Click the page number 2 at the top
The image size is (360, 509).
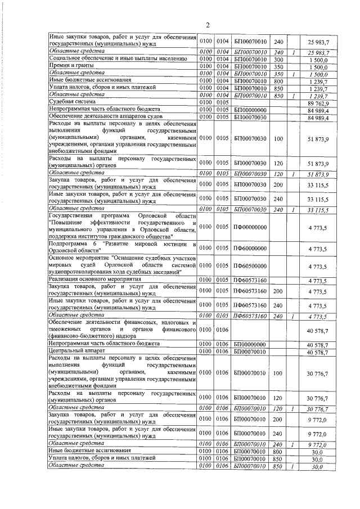[x=207, y=25]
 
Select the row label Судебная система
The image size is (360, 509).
[x=68, y=102]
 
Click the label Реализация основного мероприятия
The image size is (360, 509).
[x=93, y=280]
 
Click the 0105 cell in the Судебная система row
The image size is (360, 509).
[x=223, y=102]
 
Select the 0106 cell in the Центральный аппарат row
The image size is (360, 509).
[x=223, y=352]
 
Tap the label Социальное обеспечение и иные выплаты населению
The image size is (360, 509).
[x=110, y=58]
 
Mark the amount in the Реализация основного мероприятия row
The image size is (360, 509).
[x=318, y=280]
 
